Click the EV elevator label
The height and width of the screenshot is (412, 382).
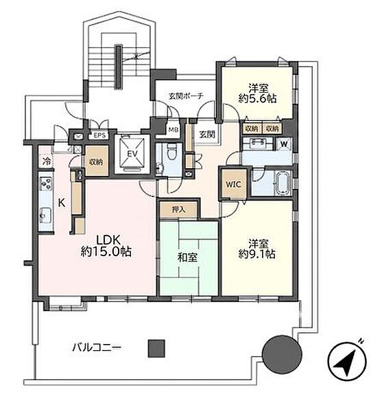pyautogui.click(x=132, y=154)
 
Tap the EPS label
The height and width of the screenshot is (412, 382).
pyautogui.click(x=99, y=135)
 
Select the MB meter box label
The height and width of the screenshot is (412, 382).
pyautogui.click(x=173, y=130)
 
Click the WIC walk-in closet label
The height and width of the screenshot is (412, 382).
pyautogui.click(x=233, y=184)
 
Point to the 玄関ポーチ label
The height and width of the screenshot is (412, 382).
pyautogui.click(x=186, y=96)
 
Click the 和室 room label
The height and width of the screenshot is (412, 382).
pyautogui.click(x=187, y=257)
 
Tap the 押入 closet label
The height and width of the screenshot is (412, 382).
pyautogui.click(x=179, y=209)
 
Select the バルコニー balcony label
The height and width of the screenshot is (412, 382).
pyautogui.click(x=97, y=348)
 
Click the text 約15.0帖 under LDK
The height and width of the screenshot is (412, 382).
pyautogui.click(x=106, y=252)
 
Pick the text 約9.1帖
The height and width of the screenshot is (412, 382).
pyautogui.click(x=257, y=254)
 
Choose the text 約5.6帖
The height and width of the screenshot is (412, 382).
pyautogui.click(x=257, y=99)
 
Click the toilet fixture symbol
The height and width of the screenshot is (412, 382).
pyautogui.click(x=172, y=152)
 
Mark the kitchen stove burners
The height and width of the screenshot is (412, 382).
pyautogui.click(x=46, y=183)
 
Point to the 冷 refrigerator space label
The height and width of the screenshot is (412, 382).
pyautogui.click(x=47, y=160)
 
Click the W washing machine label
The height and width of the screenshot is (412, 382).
pyautogui.click(x=284, y=144)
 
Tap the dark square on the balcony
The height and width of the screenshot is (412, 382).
pyautogui.click(x=156, y=348)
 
